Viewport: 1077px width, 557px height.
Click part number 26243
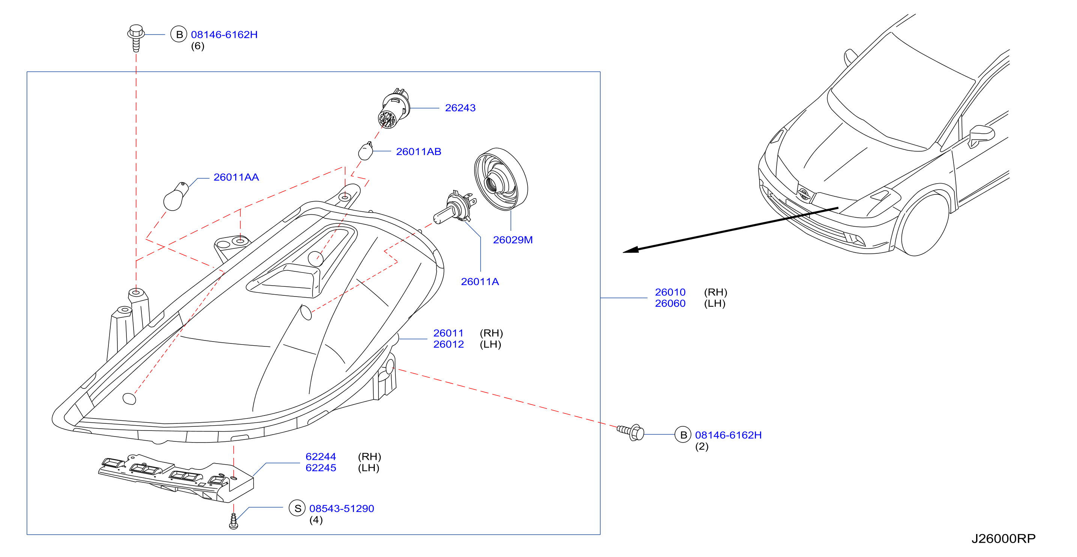click(460, 108)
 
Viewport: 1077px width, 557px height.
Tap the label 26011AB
click(419, 152)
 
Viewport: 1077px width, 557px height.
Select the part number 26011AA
click(236, 177)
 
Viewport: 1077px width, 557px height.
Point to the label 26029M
click(512, 240)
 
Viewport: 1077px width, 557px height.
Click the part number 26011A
click(479, 282)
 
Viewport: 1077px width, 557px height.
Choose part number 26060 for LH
click(670, 304)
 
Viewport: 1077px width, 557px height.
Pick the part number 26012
click(449, 345)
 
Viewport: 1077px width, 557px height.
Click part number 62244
click(321, 457)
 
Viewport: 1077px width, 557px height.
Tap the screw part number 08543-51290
click(342, 509)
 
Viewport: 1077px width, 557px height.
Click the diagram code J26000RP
click(1003, 539)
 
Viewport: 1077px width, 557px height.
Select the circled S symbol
click(297, 509)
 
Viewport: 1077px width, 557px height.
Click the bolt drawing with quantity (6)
click(136, 38)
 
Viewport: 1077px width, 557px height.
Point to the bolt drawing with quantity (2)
click(631, 432)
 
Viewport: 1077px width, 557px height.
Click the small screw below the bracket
click(234, 521)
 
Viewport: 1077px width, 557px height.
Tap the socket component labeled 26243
click(394, 109)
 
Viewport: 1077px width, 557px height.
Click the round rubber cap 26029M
click(501, 179)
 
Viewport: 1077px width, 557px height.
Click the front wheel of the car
click(924, 224)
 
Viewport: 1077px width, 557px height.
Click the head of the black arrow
click(631, 250)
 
